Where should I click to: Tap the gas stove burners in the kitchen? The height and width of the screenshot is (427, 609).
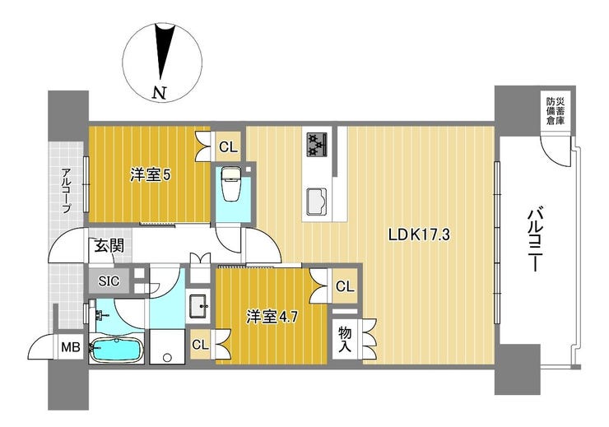click(318, 145)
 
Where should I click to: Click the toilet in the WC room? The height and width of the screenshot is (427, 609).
click(232, 184)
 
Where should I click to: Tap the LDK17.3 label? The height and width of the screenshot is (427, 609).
click(420, 234)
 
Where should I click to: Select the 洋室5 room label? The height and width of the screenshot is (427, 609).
click(151, 175)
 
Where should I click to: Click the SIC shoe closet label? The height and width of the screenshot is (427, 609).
click(109, 281)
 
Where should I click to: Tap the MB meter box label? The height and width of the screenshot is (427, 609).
click(71, 346)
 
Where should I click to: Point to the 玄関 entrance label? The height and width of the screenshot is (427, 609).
click(109, 246)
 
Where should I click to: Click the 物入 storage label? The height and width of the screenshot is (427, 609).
click(345, 339)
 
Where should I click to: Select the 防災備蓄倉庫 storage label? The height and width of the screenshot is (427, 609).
click(556, 111)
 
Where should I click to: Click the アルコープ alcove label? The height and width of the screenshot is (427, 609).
click(67, 190)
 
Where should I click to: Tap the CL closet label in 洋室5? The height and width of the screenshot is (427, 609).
click(228, 147)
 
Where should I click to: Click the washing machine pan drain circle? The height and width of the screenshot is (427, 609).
click(168, 357)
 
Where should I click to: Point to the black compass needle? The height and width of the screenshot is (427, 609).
click(165, 51)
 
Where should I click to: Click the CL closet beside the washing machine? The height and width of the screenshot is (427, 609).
click(201, 345)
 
